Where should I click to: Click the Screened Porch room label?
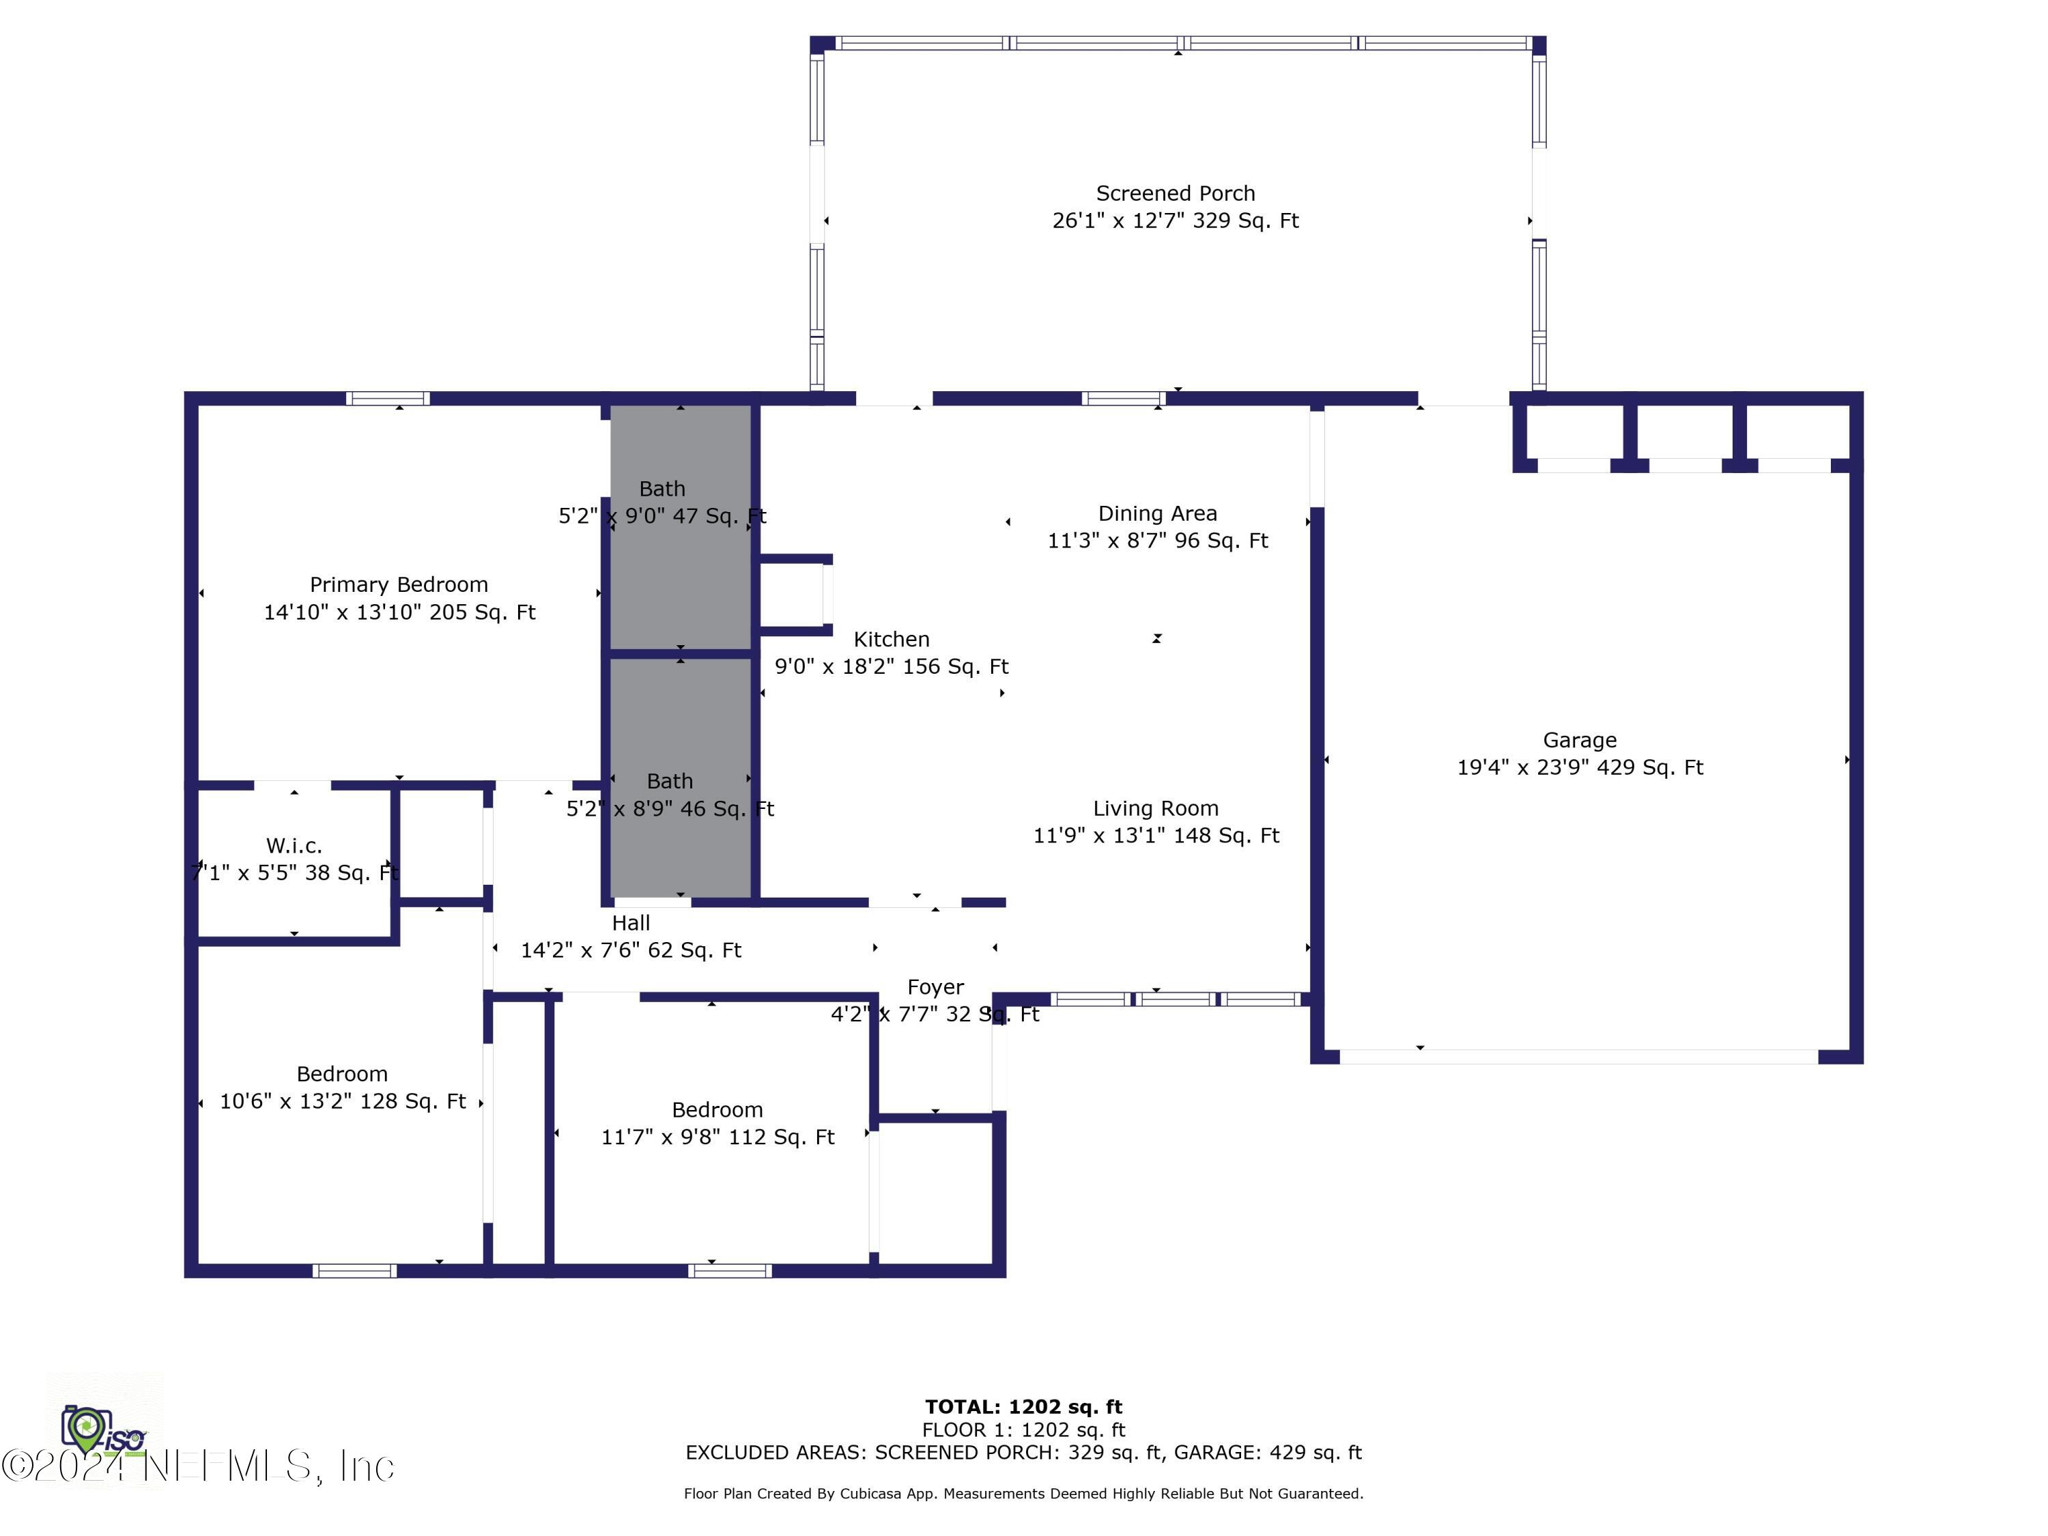point(1175,193)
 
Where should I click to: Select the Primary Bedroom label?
point(399,585)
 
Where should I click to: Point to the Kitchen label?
point(892,640)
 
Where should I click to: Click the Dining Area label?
point(1157,514)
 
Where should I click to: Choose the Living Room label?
point(1156,808)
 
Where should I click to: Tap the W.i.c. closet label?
point(294,845)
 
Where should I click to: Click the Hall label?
point(631,923)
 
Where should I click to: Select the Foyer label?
point(935,988)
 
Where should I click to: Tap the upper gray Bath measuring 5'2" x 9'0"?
point(681,528)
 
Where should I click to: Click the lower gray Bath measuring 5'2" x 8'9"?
point(681,778)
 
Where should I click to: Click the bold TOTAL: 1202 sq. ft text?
point(1023,1407)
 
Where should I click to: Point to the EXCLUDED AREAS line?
point(1023,1453)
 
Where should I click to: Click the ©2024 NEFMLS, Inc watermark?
point(198,1466)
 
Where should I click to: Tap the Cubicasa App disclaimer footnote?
point(1023,1494)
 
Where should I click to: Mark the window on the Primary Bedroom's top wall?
point(388,399)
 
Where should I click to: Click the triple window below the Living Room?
point(1176,999)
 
